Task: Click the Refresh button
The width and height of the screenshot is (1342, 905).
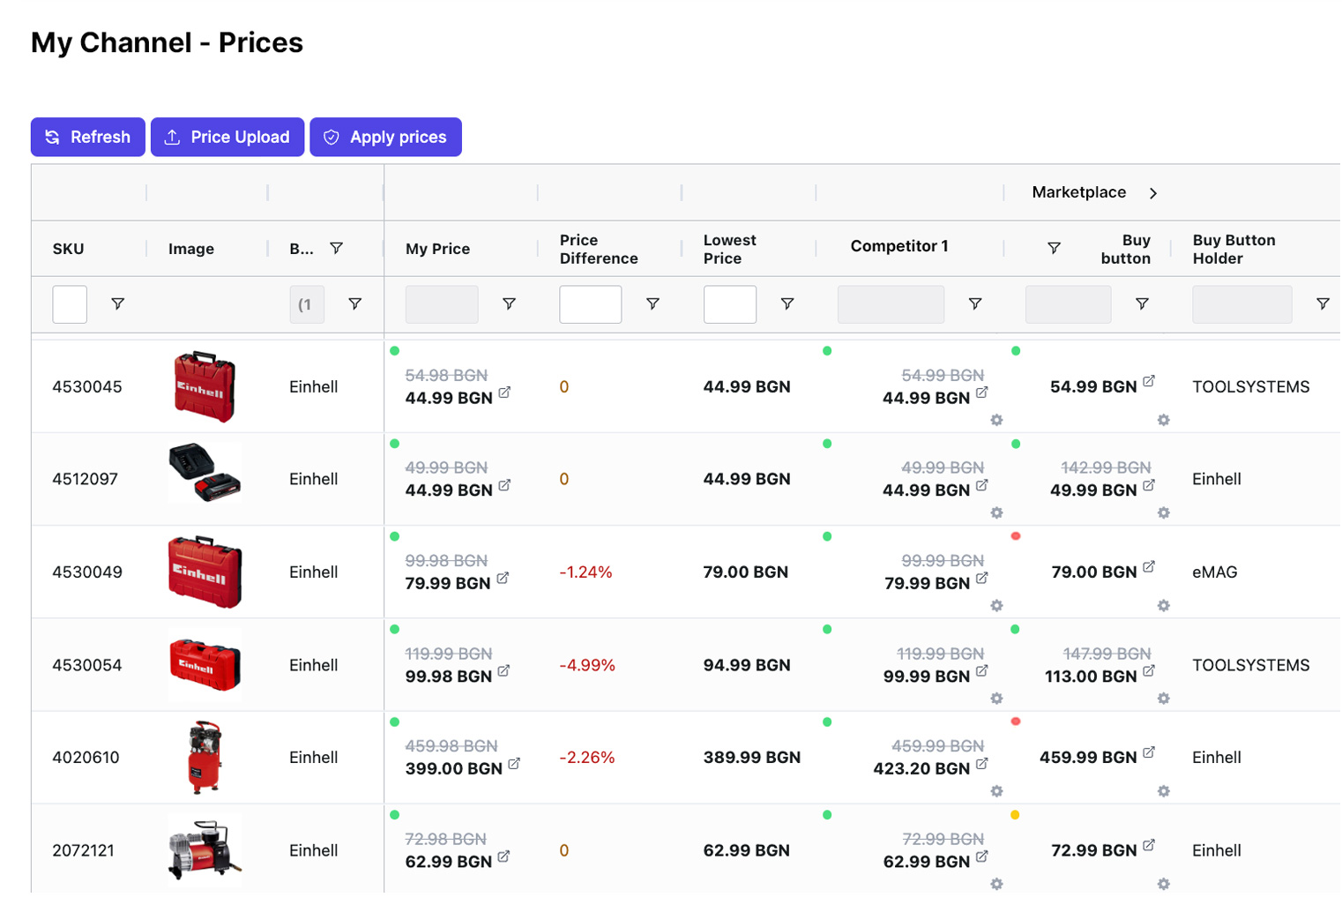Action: pyautogui.click(x=87, y=137)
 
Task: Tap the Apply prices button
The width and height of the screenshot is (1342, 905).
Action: pyautogui.click(x=385, y=137)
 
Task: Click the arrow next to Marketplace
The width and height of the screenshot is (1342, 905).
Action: pyautogui.click(x=1152, y=193)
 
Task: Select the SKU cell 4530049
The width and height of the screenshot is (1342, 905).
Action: pyautogui.click(x=87, y=572)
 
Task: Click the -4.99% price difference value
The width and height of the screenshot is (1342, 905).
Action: pyautogui.click(x=586, y=665)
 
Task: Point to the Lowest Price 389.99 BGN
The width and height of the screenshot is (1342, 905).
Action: pyautogui.click(x=751, y=757)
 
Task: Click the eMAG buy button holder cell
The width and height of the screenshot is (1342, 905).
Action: pyautogui.click(x=1214, y=572)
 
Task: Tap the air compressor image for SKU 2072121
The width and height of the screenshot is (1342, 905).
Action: pyautogui.click(x=204, y=850)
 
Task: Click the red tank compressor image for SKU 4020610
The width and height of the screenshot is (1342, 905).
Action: pyautogui.click(x=205, y=757)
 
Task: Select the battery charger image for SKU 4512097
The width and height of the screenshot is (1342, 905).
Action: pyautogui.click(x=205, y=474)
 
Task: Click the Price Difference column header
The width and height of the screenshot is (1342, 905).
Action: pyautogui.click(x=598, y=249)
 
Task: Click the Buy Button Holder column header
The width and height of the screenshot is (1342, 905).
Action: pyautogui.click(x=1234, y=249)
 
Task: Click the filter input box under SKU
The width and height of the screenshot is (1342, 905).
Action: pyautogui.click(x=70, y=304)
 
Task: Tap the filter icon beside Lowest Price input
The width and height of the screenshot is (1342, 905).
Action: pyautogui.click(x=787, y=303)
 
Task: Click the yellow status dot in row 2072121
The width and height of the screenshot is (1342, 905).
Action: pyautogui.click(x=1015, y=815)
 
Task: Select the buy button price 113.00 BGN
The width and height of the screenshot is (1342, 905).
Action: pyautogui.click(x=1091, y=677)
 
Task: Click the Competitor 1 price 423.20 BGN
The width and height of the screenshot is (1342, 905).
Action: pyautogui.click(x=921, y=768)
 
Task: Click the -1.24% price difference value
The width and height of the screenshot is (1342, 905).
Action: pyautogui.click(x=585, y=572)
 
